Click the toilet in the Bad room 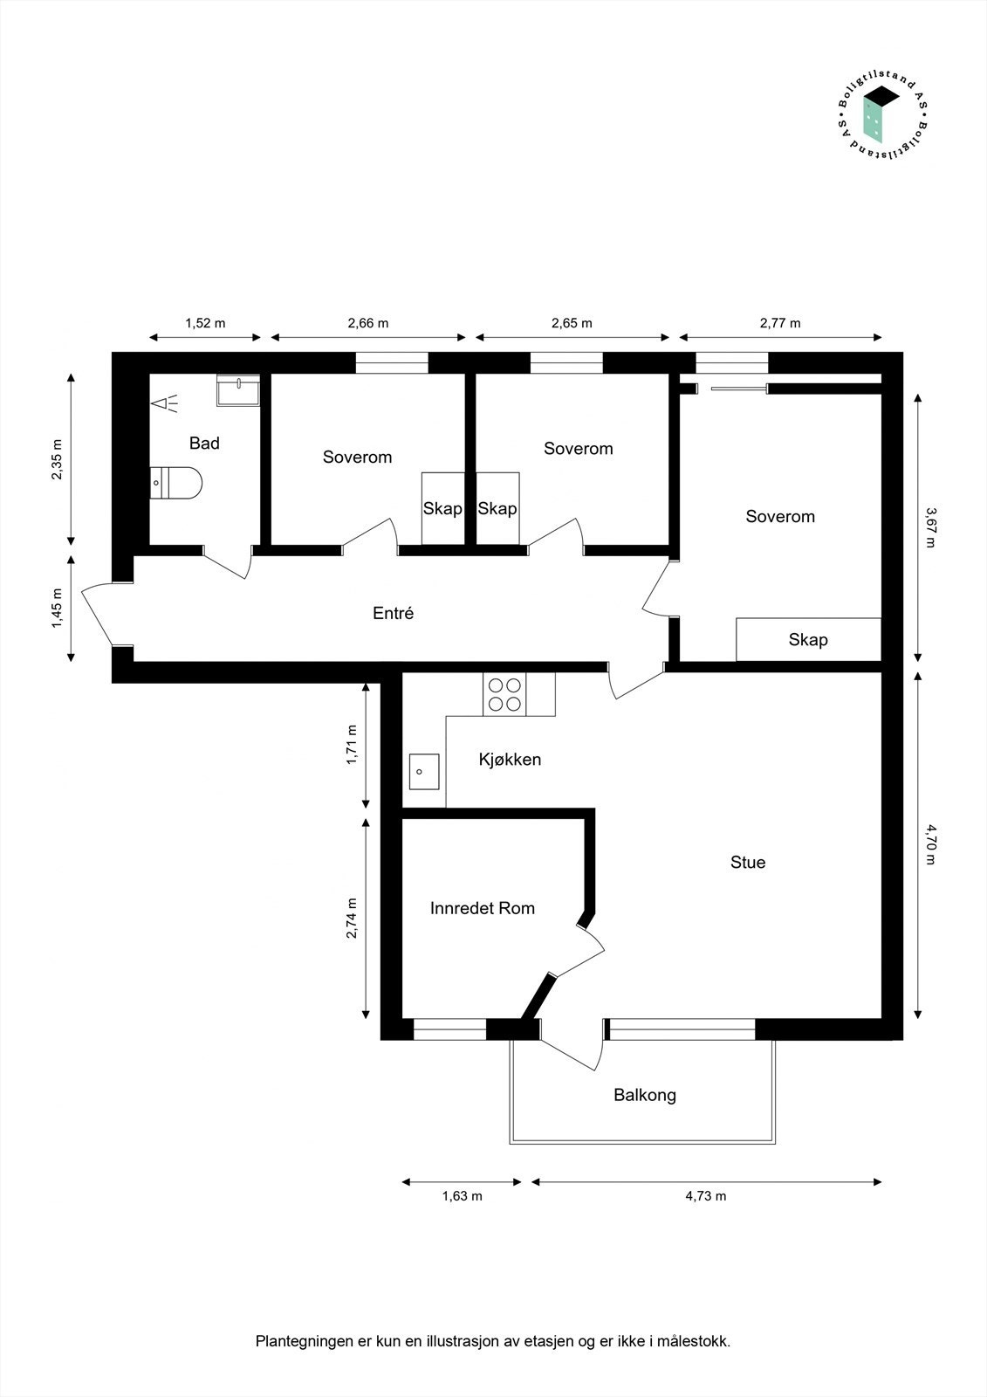pos(177,482)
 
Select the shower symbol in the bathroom pos(164,403)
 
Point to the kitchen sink pos(424,772)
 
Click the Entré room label pos(393,613)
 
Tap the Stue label pos(748,863)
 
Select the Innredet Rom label pos(482,908)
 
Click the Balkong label pos(644,1095)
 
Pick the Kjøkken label pos(510,760)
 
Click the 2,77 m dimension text pos(779,323)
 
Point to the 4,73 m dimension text pos(705,1196)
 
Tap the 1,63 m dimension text pos(462,1196)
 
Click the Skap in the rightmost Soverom pos(808,640)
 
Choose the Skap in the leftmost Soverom pos(442,508)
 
